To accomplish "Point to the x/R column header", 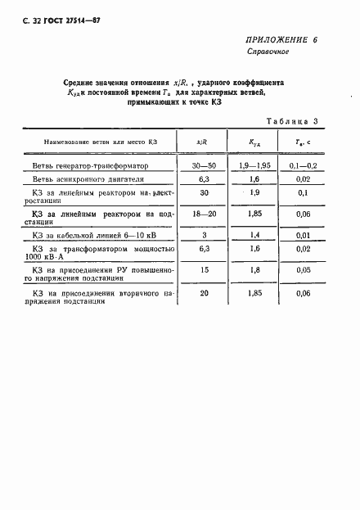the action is click(200, 142).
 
